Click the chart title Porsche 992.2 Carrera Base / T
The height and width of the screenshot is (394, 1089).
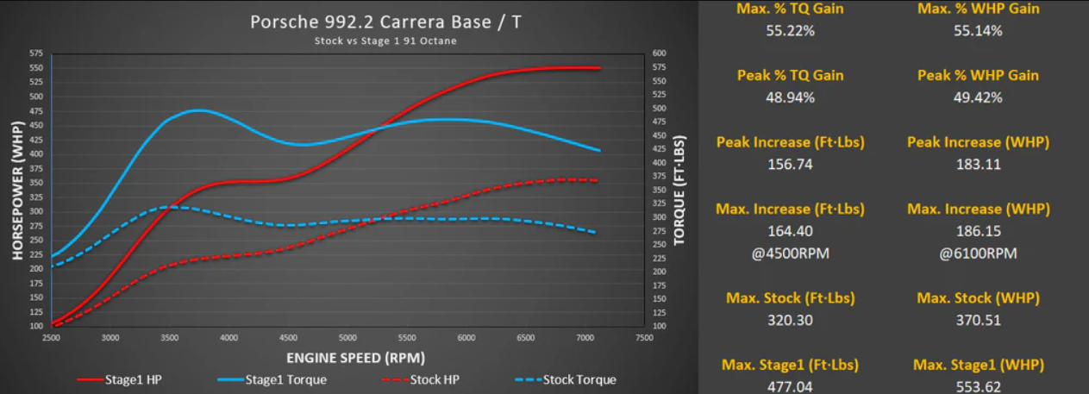(x=385, y=22)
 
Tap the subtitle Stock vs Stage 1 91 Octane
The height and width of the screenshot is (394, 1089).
(x=385, y=41)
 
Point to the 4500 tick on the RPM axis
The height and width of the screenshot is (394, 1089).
(x=289, y=338)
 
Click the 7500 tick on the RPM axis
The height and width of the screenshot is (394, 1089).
(x=644, y=338)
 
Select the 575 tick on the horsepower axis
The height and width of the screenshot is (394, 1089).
(x=35, y=53)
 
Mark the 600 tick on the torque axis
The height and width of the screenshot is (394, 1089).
(x=660, y=53)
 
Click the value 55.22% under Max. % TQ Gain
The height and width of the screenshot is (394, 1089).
(x=790, y=31)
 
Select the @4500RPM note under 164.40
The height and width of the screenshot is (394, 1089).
(x=790, y=253)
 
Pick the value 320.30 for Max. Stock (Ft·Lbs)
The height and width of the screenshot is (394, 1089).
(x=790, y=320)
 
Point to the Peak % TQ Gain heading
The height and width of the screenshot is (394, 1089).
(x=790, y=75)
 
